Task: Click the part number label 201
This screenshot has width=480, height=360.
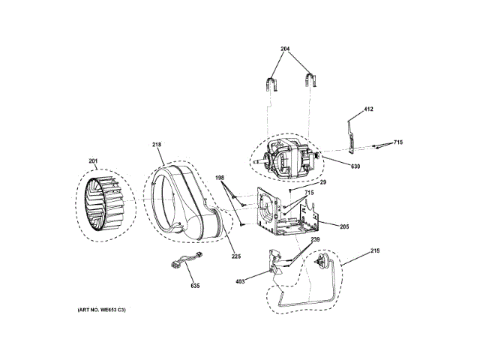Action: point(93,160)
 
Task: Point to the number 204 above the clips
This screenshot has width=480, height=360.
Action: point(285,49)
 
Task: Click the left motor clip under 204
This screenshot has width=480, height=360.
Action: point(271,82)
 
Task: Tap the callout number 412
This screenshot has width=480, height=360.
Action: point(368,109)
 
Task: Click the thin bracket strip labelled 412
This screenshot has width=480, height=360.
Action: point(352,135)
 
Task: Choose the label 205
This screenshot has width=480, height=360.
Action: point(344,226)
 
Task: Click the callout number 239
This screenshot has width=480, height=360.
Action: point(316,239)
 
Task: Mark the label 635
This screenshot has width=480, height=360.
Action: point(194,285)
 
